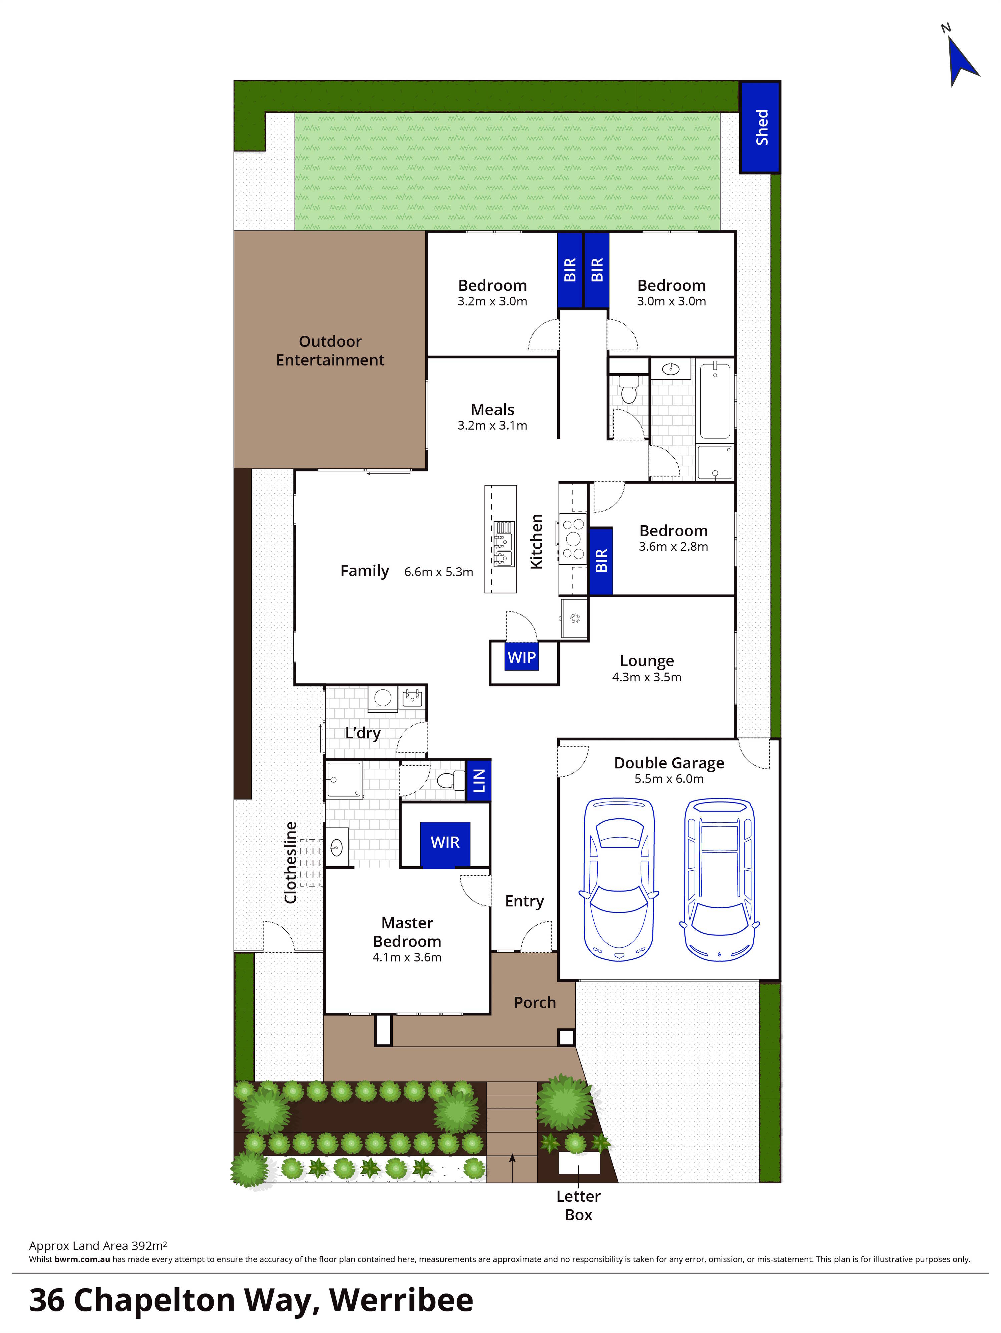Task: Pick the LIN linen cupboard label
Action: coord(479,781)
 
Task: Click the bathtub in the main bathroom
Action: coord(715,401)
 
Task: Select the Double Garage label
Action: coord(669,763)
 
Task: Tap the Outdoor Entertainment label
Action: coord(330,351)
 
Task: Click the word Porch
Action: coord(534,1002)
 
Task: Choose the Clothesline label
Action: coord(291,862)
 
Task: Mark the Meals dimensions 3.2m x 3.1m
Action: coord(492,425)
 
